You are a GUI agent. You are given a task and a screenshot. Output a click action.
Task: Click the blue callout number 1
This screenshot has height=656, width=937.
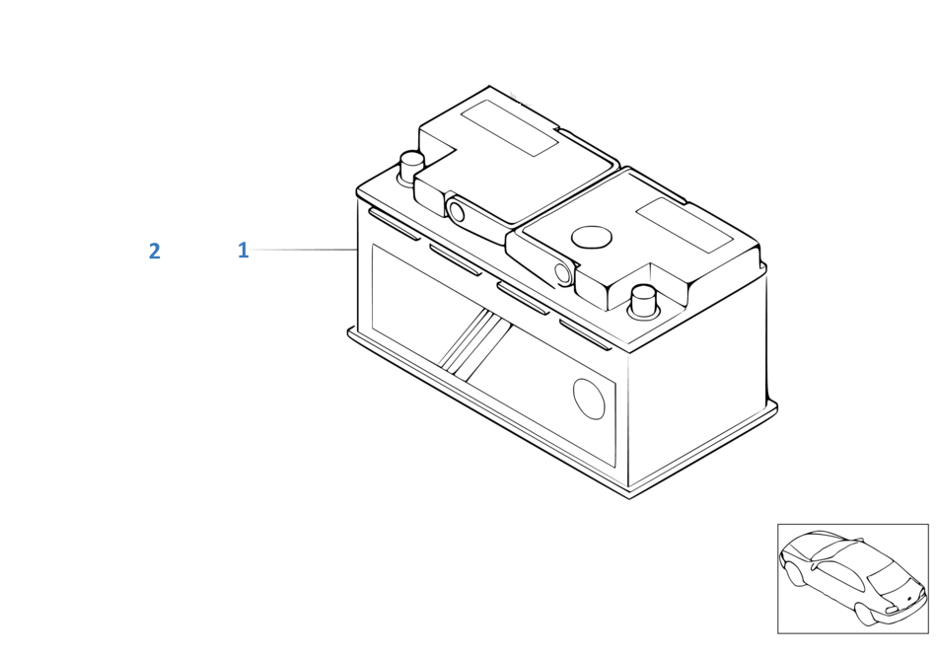pos(243,250)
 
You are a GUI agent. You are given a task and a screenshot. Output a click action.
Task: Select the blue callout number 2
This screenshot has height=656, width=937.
pos(154,251)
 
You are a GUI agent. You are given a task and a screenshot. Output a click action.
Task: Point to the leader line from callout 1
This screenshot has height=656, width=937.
pos(304,250)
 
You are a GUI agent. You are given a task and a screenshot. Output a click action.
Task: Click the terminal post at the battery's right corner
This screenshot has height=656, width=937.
pos(643,302)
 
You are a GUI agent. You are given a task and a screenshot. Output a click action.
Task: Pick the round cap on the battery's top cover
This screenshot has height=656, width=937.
pos(592,237)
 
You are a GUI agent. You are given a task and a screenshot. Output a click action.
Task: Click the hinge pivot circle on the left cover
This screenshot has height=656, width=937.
pos(456,210)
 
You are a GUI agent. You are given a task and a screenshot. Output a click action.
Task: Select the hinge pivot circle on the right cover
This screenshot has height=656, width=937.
pos(562,272)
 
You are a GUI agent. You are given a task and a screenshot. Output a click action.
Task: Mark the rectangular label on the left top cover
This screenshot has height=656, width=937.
pos(509,128)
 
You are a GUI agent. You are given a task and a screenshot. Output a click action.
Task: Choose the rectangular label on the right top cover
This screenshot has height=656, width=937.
pos(685,225)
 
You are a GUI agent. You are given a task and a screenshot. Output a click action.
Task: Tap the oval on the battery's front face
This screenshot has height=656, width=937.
pos(589,399)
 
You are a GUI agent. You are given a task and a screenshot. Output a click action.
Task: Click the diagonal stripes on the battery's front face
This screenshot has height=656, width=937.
pos(472,345)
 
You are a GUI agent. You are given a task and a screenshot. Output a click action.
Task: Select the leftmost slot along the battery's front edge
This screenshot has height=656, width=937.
pos(394,224)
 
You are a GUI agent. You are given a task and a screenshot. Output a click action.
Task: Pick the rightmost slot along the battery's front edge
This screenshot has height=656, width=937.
pos(586,334)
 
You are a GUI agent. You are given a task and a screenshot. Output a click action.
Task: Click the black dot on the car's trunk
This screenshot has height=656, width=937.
pos(908,598)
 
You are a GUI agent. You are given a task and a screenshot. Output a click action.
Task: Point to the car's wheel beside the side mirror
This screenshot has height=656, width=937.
pos(794,573)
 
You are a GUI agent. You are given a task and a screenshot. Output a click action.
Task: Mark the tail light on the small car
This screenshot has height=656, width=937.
pos(890,610)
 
